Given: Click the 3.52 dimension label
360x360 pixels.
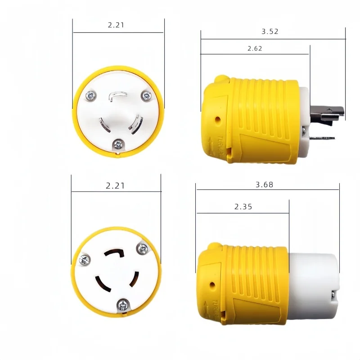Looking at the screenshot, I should coord(270,31).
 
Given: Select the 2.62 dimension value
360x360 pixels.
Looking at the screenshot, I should coord(255,48).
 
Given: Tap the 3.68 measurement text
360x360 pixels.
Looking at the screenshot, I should coord(264,184).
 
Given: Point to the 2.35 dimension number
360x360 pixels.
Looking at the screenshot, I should coord(243,207).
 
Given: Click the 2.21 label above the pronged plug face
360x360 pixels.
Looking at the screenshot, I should coord(116,25).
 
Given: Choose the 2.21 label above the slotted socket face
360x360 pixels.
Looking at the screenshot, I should coord(115,185).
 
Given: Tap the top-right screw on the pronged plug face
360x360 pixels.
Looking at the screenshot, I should coord(146,95).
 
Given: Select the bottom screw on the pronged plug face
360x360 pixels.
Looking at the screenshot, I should coord(118,144).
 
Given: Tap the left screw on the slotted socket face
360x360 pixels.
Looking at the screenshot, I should coord(84,259).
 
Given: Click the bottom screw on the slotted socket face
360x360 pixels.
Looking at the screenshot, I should coord(121,306).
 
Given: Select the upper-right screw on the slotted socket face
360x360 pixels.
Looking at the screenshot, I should coord(144,248).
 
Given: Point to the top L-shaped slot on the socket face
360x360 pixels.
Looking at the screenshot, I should coord(115,254).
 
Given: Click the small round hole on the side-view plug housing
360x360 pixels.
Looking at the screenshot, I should coord(218,120).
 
